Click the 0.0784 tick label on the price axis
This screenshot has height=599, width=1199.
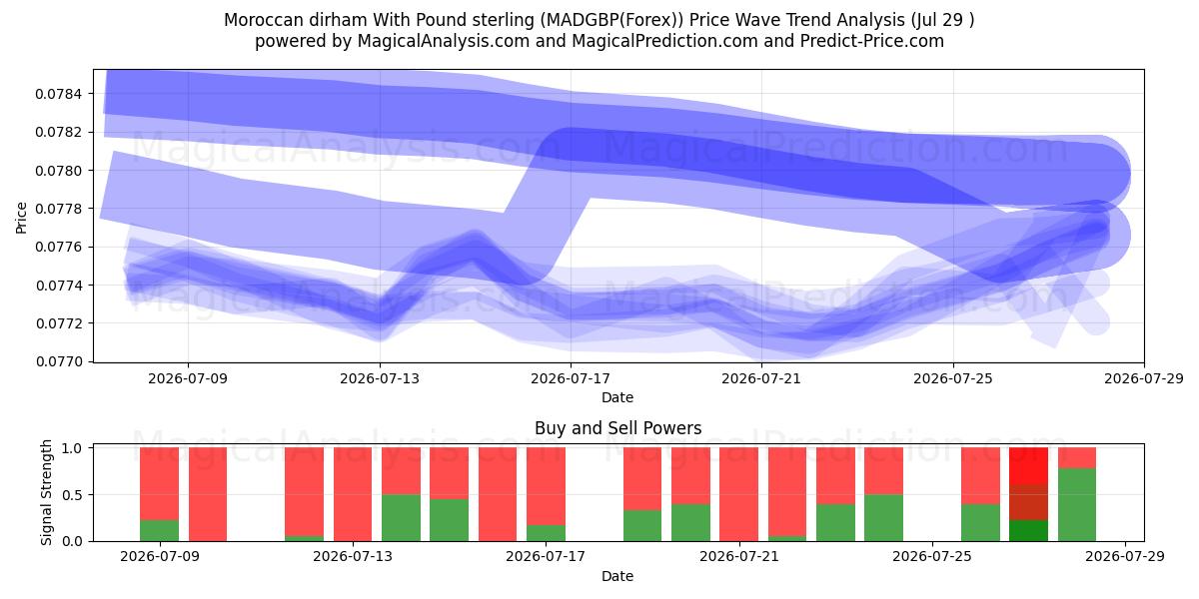(x=58, y=94)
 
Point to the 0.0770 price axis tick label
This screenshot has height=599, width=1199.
(x=58, y=362)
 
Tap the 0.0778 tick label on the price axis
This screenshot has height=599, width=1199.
(x=58, y=209)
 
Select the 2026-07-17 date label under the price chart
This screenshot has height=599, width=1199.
(x=571, y=378)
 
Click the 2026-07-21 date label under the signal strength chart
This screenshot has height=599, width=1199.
(x=739, y=556)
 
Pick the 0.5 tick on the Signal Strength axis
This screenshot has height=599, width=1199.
(x=73, y=495)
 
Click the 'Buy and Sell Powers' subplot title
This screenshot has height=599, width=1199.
(x=617, y=428)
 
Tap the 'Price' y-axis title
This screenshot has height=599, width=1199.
(x=21, y=218)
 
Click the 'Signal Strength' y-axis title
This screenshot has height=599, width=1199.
(x=47, y=492)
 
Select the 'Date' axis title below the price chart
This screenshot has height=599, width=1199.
(x=617, y=397)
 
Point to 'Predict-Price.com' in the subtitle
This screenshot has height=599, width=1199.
(x=872, y=41)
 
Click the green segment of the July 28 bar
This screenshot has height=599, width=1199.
(x=1077, y=505)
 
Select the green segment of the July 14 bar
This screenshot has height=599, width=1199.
(x=401, y=518)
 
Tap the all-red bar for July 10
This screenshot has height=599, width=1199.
(x=208, y=494)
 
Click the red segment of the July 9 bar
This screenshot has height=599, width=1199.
(x=159, y=484)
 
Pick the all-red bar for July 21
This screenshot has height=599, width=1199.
(x=738, y=494)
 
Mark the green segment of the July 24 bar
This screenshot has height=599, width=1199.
(x=883, y=518)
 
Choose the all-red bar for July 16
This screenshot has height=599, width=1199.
(x=498, y=494)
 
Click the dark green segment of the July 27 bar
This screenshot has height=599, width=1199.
(x=1028, y=530)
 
